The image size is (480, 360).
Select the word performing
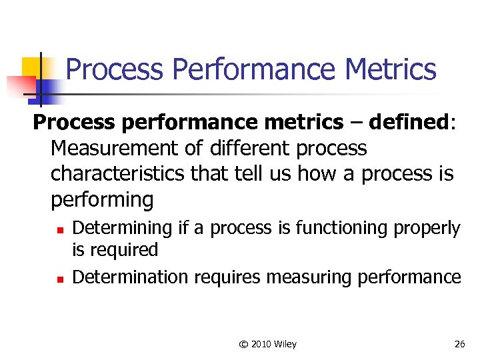(102, 199)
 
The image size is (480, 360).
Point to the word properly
(427, 228)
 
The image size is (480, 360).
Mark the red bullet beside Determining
(59, 230)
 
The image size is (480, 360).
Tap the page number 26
(459, 344)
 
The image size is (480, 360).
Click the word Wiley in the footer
(285, 344)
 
